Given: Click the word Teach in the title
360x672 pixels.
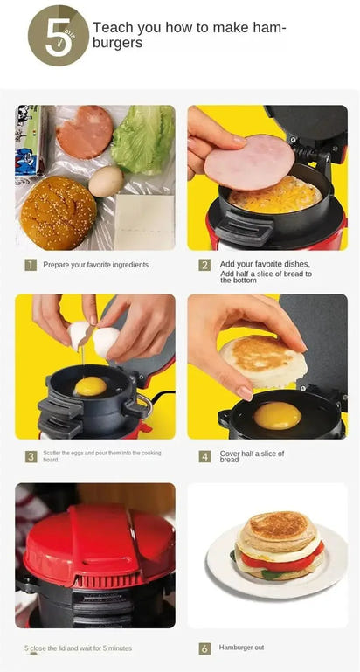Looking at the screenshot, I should click(111, 28).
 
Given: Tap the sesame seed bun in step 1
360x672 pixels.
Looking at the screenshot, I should click(59, 212).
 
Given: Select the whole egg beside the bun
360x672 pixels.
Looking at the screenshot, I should click(106, 181).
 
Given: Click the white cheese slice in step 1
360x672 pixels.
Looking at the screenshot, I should click(144, 220).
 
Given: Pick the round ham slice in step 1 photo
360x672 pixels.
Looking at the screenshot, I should click(84, 132).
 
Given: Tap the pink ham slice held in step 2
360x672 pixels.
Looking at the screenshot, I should click(248, 163).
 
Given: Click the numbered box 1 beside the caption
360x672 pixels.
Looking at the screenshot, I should click(31, 265).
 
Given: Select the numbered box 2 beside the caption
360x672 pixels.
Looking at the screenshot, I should click(204, 265).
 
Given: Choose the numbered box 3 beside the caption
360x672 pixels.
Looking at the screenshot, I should click(31, 456).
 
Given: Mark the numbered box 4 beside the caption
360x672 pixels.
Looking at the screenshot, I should click(204, 456).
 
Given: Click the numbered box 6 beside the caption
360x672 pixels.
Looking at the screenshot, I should click(204, 648).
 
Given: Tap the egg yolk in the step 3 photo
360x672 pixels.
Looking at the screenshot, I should click(89, 385).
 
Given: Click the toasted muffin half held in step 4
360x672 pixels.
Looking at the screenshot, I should click(254, 361).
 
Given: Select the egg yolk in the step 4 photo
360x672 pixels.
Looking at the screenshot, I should click(277, 415).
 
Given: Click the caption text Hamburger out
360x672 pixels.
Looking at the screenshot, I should click(242, 648).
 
